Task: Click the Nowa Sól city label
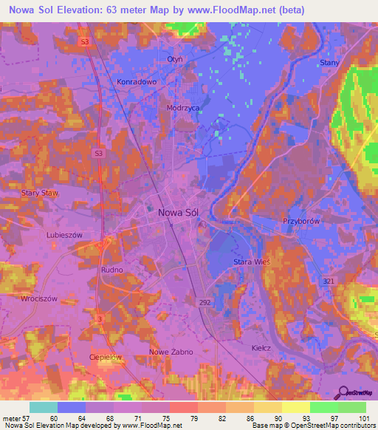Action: point(179,212)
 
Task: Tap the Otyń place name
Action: point(174,59)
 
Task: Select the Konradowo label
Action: point(137,82)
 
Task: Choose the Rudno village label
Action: point(111,270)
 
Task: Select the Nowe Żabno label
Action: point(171,352)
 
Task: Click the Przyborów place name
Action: point(300,221)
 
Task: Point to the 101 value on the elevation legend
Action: point(364,418)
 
